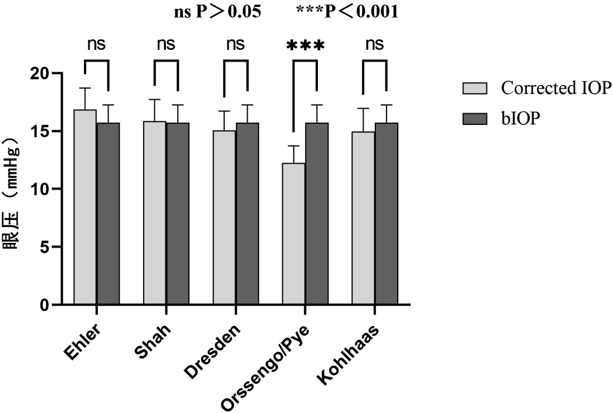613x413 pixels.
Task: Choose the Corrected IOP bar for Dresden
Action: (224, 218)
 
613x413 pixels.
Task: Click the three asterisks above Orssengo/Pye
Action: (304, 46)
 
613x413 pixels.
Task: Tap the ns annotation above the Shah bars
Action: (166, 45)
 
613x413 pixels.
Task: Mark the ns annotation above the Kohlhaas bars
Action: (374, 45)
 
